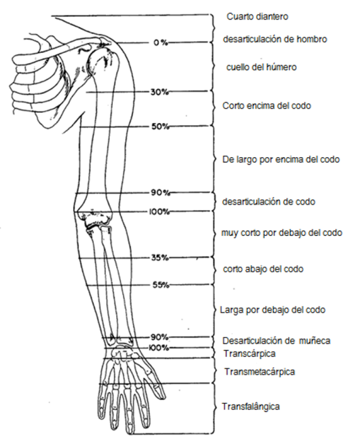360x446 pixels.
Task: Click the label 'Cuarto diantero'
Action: point(257,16)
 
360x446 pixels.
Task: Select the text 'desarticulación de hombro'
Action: point(275,39)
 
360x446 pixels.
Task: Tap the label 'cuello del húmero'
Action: point(262,67)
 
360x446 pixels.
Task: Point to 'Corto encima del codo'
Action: point(266,106)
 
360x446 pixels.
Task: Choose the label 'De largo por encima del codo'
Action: point(281,159)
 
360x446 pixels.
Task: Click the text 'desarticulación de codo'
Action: point(268,202)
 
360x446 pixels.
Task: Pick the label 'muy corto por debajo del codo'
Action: point(282,233)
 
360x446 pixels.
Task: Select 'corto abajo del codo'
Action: point(263,269)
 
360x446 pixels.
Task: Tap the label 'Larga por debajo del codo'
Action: point(273,309)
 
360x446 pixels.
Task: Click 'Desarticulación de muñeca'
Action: point(276,341)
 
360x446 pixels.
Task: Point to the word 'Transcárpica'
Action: point(249,354)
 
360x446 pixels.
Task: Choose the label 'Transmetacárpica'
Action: point(259,372)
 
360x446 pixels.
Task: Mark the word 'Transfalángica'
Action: point(251,407)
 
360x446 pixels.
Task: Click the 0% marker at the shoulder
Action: point(160,43)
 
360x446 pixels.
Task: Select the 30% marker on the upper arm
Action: point(160,92)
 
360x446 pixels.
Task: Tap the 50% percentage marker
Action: point(160,126)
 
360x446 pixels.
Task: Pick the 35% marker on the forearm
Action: point(160,258)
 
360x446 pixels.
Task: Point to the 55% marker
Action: point(160,285)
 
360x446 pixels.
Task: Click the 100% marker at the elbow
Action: point(159,212)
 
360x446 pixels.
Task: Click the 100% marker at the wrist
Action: point(158,348)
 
